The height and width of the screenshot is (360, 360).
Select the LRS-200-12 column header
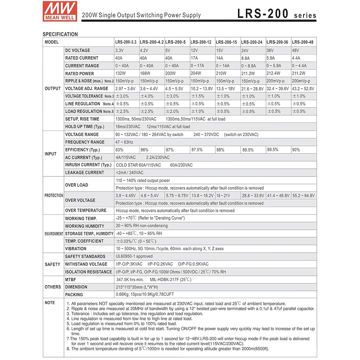pyautogui.click(x=201, y=42)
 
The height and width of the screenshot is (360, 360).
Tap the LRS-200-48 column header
pyautogui.click(x=303, y=42)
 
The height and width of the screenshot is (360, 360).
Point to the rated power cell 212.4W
pyautogui.click(x=274, y=73)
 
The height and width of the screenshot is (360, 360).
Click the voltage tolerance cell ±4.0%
pyautogui.click(x=147, y=96)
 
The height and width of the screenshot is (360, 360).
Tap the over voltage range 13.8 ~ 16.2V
pyautogui.click(x=202, y=195)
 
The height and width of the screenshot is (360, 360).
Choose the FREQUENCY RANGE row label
pyautogui.click(x=85, y=142)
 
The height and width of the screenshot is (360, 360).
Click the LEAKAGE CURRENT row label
pyautogui.click(x=85, y=172)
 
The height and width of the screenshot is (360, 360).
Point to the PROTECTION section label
pyautogui.click(x=54, y=195)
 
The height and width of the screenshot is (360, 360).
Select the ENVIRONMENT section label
pyautogui.click(x=54, y=234)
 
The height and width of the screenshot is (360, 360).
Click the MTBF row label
pyautogui.click(x=71, y=279)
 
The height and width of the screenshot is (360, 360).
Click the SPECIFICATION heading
pyautogui.click(x=60, y=34)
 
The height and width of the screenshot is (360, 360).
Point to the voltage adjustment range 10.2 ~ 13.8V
pyautogui.click(x=202, y=89)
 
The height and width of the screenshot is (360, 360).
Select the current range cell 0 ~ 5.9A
pyautogui.click(x=274, y=66)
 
